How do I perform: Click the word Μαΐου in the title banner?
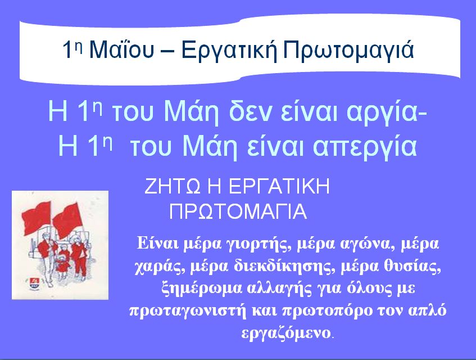point(122,49)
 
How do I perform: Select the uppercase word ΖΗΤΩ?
point(172,186)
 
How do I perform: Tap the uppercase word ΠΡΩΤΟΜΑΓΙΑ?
point(238,211)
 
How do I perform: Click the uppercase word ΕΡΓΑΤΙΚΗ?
point(279,186)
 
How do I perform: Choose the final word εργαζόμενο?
point(286,333)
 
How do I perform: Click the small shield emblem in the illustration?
point(33,283)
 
